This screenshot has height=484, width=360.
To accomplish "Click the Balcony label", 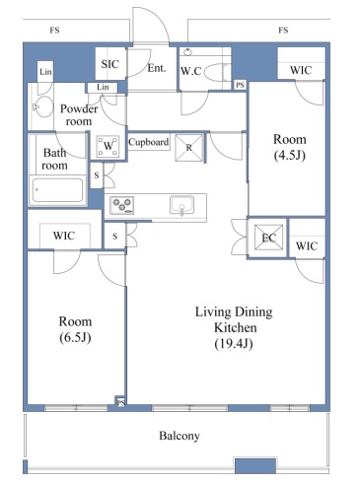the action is coord(180,436).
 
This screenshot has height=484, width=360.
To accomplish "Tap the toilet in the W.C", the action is coord(215,73).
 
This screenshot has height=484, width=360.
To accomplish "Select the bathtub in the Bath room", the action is coord(57,190).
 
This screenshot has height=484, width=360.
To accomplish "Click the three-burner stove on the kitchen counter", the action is coord(121,205).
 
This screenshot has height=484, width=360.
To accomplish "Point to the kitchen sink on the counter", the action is coord(181,205).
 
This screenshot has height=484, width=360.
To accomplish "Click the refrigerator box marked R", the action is coord(189,148).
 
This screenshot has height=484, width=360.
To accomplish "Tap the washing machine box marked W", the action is coord(108,146).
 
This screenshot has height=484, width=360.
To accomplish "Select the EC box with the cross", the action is coord(268,238).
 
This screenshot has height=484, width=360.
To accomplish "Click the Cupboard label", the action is coord(149,142).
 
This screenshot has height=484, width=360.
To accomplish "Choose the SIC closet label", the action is coord(109,64).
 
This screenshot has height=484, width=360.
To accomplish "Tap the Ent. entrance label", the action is coord(157,68).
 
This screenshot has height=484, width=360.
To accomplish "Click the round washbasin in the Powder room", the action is coord(43,106).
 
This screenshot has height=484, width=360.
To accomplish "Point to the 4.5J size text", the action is coord(290,155).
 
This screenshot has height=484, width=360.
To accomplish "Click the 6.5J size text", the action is coord(75,337).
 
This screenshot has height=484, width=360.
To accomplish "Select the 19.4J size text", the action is coord(234,344).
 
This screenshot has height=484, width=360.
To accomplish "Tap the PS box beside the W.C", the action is coord(240,85).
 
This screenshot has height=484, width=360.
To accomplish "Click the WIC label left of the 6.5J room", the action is coord(64,236).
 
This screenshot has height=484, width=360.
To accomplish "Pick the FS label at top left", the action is coord(54,31).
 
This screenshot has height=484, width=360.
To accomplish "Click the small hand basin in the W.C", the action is coord(187,52).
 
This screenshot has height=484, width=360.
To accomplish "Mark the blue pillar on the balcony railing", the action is coord(255,465).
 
